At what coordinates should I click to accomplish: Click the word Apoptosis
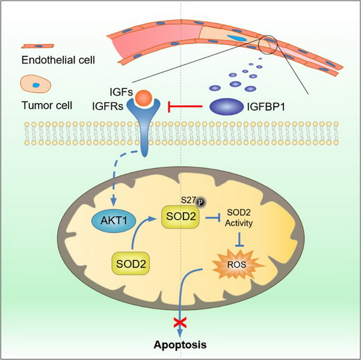coord(180,346)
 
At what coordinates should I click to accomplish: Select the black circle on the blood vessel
coord(268,43)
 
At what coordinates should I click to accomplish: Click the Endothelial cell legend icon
coord(38,45)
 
